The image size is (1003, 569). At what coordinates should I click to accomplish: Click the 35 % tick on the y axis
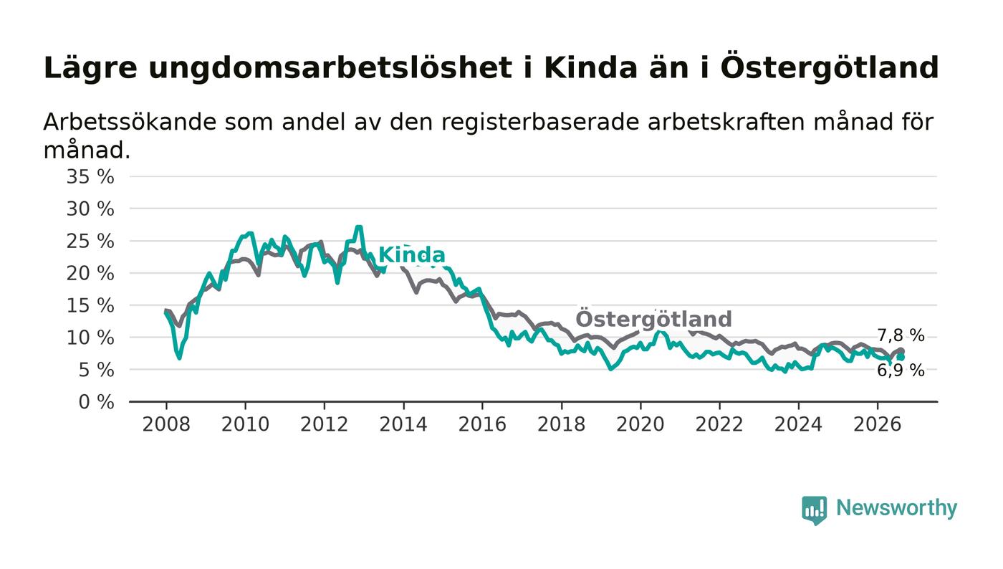click(90, 176)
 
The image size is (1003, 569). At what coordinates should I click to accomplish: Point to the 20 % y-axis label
click(90, 273)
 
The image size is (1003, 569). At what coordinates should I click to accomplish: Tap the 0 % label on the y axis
click(96, 402)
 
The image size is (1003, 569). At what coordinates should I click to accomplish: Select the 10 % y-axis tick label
click(90, 338)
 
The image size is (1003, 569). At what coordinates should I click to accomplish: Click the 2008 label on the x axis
click(166, 424)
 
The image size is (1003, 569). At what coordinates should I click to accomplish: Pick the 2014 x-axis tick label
click(403, 424)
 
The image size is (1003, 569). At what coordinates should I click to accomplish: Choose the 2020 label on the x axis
click(640, 424)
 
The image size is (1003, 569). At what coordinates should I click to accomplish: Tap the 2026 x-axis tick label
click(877, 424)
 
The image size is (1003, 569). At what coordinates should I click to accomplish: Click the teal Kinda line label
click(412, 255)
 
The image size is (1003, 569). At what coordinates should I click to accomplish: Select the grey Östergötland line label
click(653, 319)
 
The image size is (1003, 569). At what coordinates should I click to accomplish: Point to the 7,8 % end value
click(901, 335)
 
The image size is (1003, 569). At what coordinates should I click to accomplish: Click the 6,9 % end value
click(901, 370)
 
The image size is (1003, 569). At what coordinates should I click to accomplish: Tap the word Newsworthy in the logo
click(896, 507)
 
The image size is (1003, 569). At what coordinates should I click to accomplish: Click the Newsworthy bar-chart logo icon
click(814, 510)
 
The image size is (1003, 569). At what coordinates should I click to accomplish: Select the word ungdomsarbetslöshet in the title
click(330, 69)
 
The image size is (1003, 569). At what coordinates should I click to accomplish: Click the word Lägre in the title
click(90, 69)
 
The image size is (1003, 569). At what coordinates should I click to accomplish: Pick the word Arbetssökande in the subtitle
click(130, 122)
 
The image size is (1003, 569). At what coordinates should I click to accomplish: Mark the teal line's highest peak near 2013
click(358, 226)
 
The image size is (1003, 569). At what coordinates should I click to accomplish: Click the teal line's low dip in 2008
click(180, 358)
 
